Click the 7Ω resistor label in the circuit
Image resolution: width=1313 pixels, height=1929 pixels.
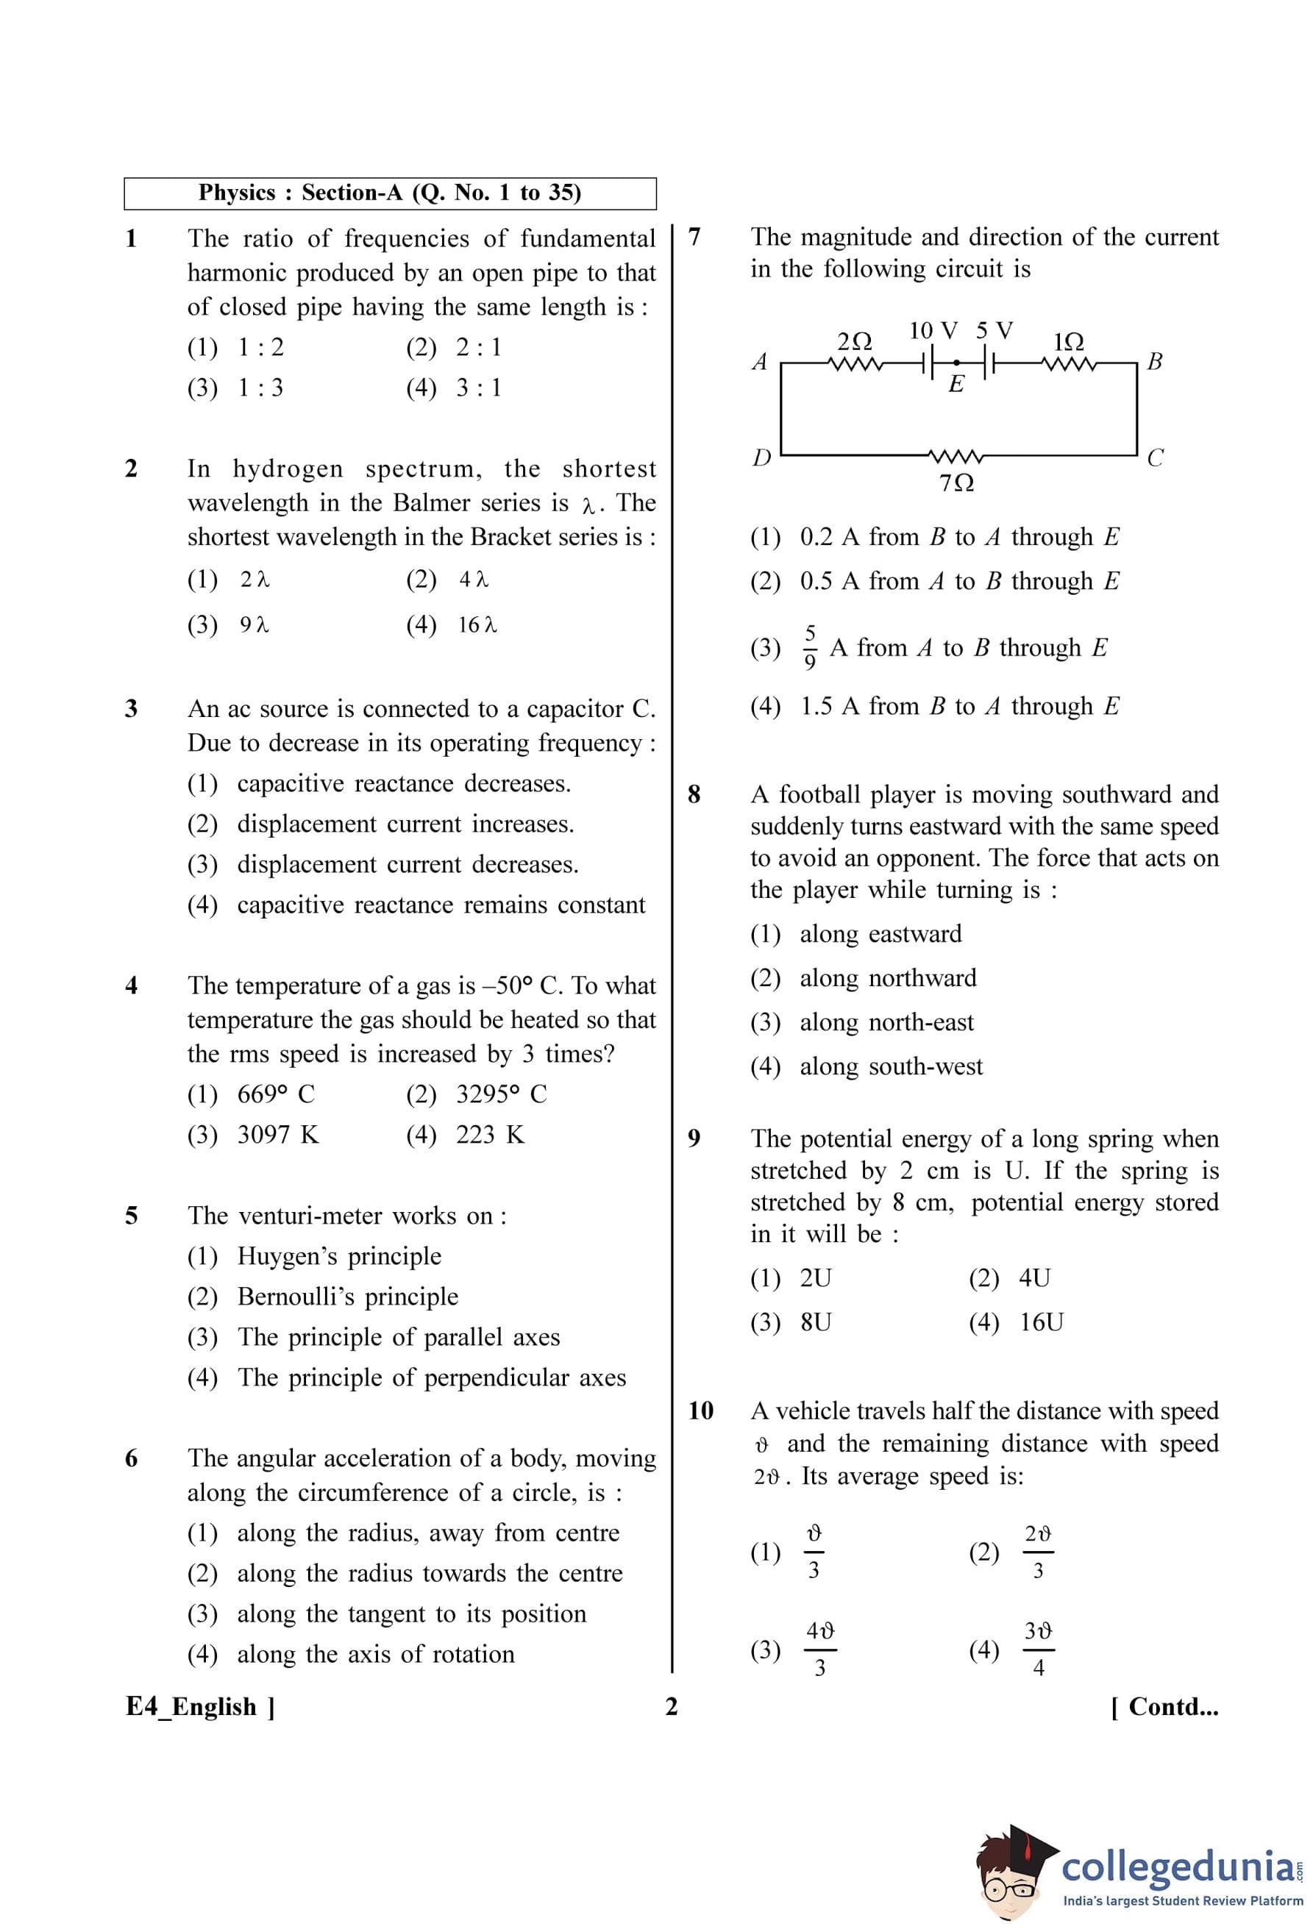(956, 482)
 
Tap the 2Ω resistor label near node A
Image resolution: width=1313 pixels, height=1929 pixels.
(854, 341)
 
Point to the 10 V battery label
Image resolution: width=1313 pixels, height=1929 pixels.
(933, 330)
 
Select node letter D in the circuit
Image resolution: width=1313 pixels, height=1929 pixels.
(761, 457)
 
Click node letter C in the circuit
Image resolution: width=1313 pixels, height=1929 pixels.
(1154, 457)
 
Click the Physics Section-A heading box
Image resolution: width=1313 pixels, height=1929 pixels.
(389, 193)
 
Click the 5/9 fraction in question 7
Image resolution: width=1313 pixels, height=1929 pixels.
(810, 646)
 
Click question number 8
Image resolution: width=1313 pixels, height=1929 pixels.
(694, 794)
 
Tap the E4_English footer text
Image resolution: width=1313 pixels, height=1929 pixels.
(200, 1707)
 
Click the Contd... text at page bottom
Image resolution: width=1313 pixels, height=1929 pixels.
(1164, 1707)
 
